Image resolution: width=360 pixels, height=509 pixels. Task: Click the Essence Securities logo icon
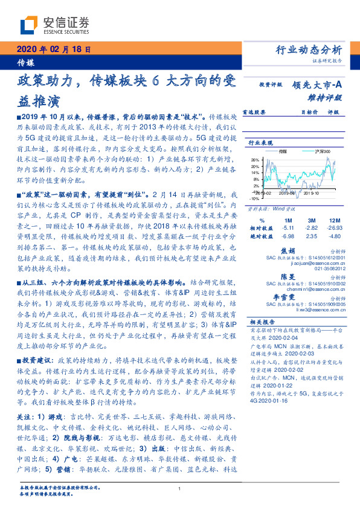tap(32, 26)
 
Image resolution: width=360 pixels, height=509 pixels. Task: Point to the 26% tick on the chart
tap(255, 160)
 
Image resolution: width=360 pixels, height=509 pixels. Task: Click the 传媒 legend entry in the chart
tap(283, 151)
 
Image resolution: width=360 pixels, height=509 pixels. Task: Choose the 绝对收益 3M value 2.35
tap(311, 237)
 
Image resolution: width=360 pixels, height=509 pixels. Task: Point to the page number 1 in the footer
tap(180, 488)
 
